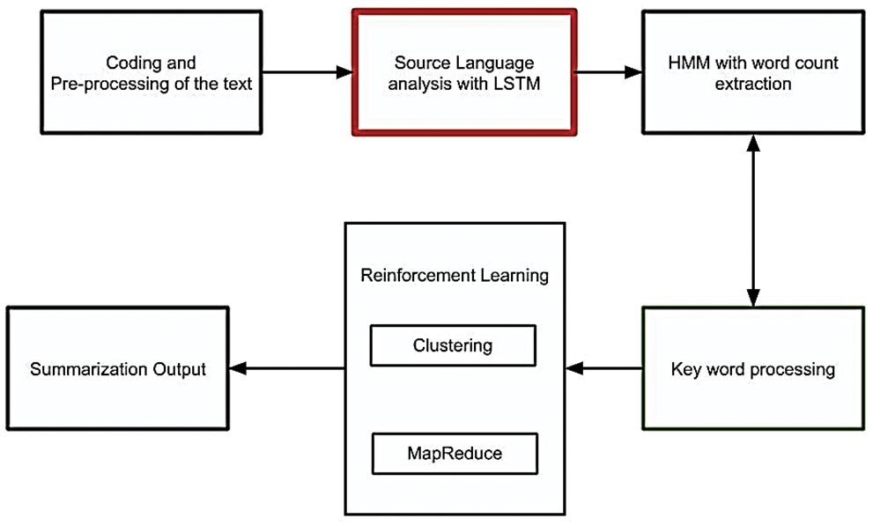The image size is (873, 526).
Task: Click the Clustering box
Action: [x=452, y=345]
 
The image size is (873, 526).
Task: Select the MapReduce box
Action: [x=452, y=453]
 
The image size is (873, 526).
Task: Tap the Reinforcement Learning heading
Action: [x=455, y=275]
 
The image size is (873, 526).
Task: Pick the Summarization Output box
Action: [x=117, y=368]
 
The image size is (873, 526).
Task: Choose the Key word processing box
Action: [x=753, y=368]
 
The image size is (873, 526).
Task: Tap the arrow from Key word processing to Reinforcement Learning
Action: [x=604, y=368]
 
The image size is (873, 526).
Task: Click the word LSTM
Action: [x=514, y=85]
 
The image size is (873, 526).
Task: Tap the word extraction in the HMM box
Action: [x=753, y=85]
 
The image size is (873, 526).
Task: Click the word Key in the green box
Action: [x=686, y=368]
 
